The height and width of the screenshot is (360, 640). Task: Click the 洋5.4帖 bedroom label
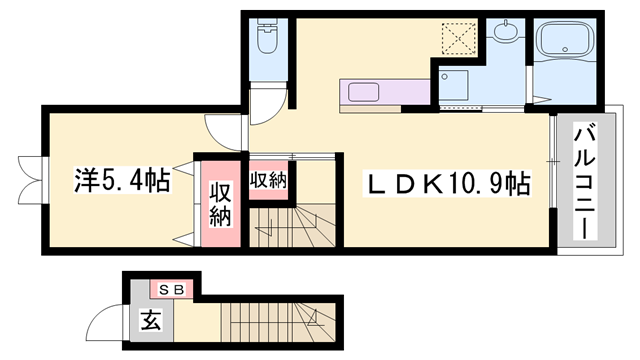click(x=121, y=181)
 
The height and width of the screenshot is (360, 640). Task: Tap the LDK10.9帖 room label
click(x=446, y=183)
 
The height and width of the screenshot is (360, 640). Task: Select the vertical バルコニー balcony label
click(x=585, y=180)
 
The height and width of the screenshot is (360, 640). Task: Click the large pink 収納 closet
click(x=221, y=203)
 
